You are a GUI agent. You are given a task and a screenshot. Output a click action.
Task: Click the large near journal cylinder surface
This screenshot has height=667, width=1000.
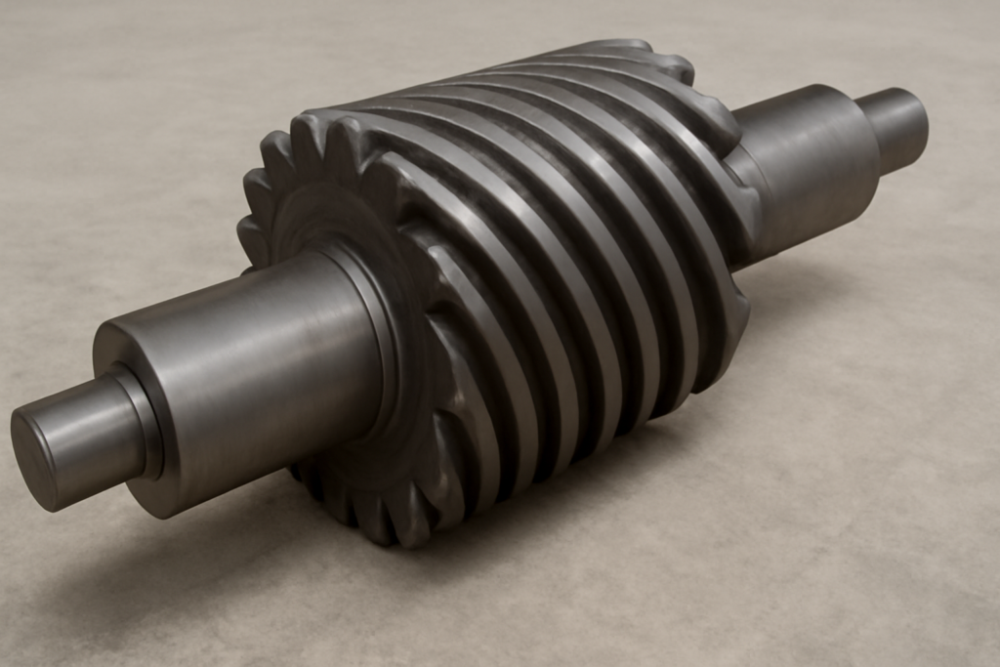coord(254,371)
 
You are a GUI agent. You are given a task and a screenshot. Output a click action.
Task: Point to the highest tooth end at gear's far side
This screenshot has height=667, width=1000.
coord(625,47)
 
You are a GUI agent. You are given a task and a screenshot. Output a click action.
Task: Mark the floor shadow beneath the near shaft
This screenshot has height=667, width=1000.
coord(195,547)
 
